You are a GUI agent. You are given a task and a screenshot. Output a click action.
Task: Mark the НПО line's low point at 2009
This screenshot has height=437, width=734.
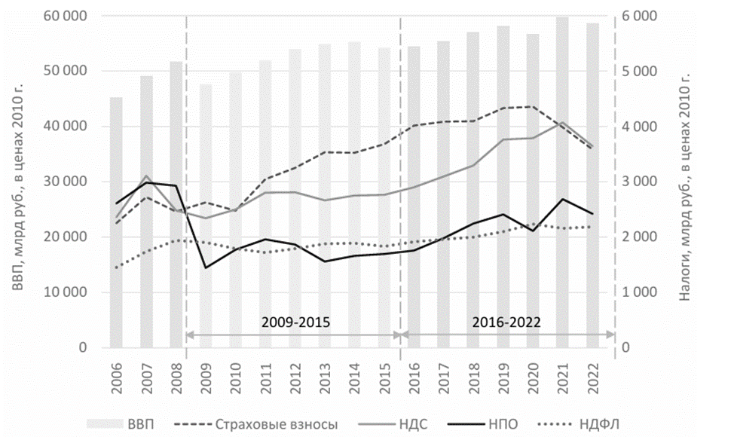205,267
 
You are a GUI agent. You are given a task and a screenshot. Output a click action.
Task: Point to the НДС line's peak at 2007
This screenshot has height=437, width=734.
146,176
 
